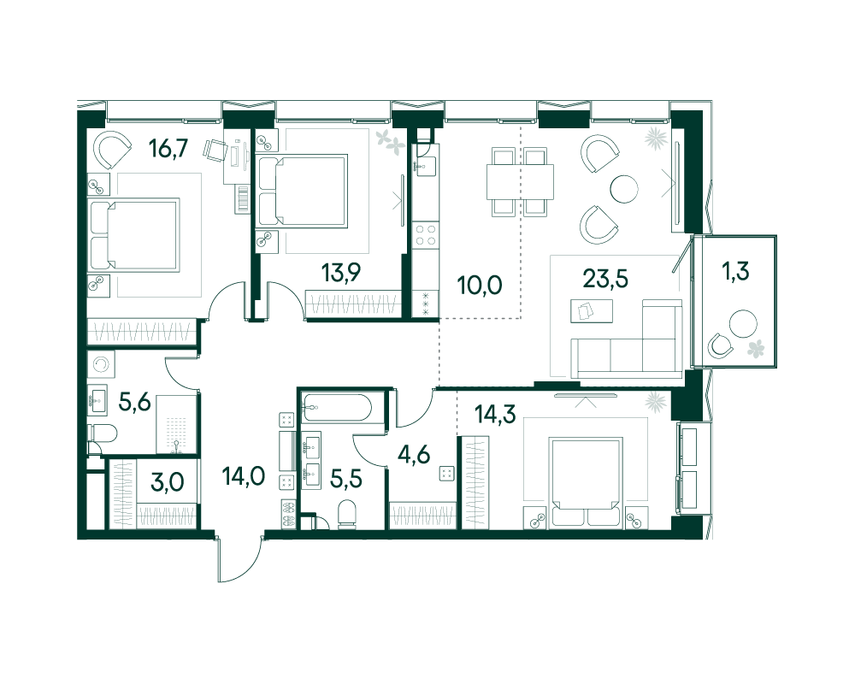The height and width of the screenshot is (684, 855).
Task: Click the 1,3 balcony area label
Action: click(735, 272)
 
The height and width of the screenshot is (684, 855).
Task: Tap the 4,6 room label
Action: click(415, 454)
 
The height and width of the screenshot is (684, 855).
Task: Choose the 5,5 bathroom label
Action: click(345, 478)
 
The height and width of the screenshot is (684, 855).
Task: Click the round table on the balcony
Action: click(743, 325)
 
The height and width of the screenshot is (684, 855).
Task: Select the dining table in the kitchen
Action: click(511, 181)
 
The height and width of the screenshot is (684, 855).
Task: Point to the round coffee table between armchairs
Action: click(623, 188)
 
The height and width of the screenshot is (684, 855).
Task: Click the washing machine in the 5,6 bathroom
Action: click(103, 366)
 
